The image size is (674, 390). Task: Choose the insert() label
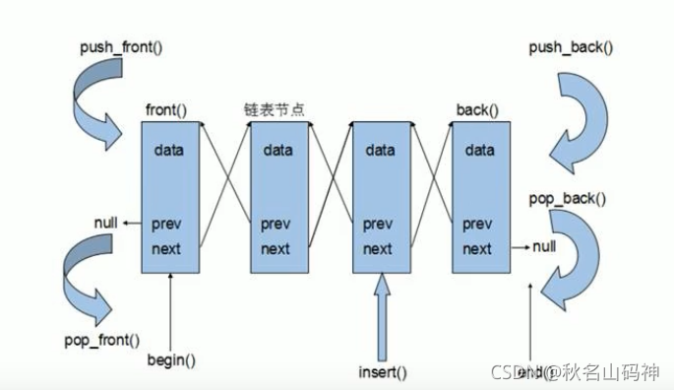tap(382, 371)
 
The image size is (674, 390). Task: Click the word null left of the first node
tap(107, 224)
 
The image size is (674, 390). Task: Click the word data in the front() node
tap(169, 151)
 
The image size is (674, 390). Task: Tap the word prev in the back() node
tap(477, 224)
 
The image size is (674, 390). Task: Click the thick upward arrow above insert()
tap(382, 315)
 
